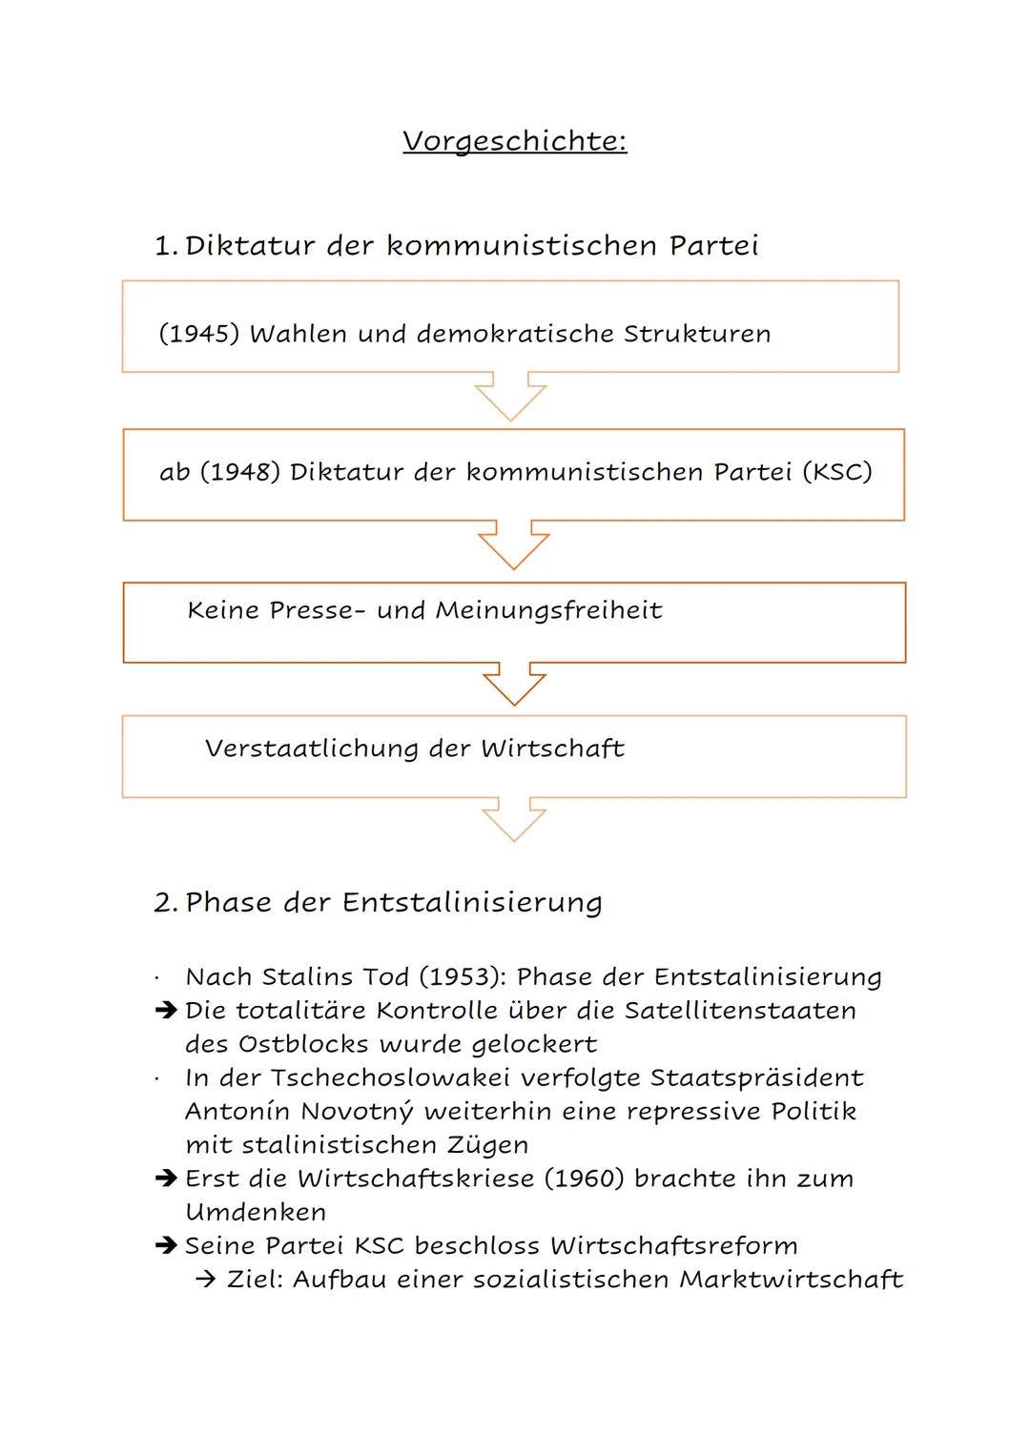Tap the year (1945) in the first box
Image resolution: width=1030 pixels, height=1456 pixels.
pyautogui.click(x=199, y=334)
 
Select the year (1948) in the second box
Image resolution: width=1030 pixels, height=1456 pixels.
pyautogui.click(x=240, y=472)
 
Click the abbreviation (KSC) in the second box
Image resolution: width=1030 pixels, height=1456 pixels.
pyautogui.click(x=837, y=472)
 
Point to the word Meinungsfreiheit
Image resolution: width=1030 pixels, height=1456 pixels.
pyautogui.click(x=548, y=610)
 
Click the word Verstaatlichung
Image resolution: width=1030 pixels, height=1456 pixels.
pyautogui.click(x=312, y=749)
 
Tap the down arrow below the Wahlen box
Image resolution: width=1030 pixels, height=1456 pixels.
pyautogui.click(x=510, y=396)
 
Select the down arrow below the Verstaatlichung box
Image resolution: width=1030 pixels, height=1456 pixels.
pyautogui.click(x=514, y=819)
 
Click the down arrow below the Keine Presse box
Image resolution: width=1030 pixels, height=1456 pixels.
pyautogui.click(x=514, y=684)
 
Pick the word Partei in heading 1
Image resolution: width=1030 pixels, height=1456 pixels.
pyautogui.click(x=714, y=246)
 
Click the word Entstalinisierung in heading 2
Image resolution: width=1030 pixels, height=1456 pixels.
pyautogui.click(x=472, y=903)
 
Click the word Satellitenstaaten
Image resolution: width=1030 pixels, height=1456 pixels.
pyautogui.click(x=740, y=1011)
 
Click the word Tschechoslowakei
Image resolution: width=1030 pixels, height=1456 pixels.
pyautogui.click(x=390, y=1077)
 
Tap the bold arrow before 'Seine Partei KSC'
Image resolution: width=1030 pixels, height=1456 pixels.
pyautogui.click(x=167, y=1245)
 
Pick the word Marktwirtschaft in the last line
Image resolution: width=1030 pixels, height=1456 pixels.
pyautogui.click(x=792, y=1280)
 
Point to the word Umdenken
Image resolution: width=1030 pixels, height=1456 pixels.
pyautogui.click(x=256, y=1212)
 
